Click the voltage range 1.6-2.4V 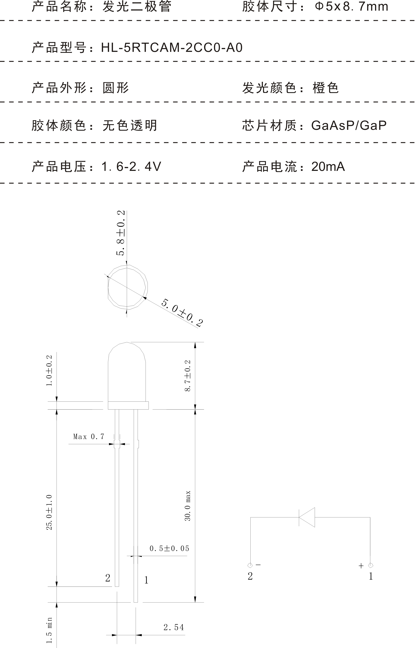131,167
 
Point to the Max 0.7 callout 89,437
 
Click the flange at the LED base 128,405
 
